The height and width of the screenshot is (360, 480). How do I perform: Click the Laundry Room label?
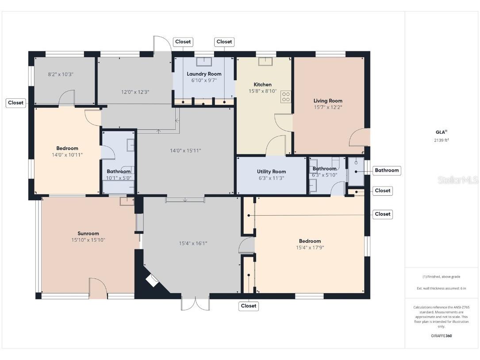[204, 74]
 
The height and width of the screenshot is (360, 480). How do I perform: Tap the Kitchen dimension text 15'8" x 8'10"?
[262, 91]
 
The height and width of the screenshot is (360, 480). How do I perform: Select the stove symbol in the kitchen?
[286, 97]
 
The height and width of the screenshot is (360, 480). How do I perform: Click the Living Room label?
[328, 101]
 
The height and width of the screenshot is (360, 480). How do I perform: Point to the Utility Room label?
[271, 171]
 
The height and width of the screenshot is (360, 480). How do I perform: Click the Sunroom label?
[88, 233]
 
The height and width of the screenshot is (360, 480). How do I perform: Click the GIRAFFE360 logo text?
[442, 336]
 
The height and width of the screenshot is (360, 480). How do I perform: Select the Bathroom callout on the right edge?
[387, 170]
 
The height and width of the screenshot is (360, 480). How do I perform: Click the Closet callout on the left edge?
[15, 103]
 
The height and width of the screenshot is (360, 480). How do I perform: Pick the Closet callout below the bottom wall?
[249, 306]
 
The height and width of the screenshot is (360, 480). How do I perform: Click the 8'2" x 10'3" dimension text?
[61, 74]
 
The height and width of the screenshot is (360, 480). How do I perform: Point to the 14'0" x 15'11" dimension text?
[185, 151]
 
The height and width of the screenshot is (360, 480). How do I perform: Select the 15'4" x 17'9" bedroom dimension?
[310, 248]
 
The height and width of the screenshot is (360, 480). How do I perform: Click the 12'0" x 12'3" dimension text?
[135, 92]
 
